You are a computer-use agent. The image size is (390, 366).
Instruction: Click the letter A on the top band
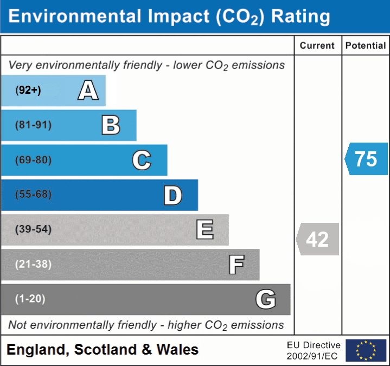click(88, 90)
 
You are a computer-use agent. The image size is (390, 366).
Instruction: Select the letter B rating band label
click(111, 125)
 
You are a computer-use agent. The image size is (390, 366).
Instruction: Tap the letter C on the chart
click(142, 160)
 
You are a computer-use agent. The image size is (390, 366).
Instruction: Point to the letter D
click(172, 195)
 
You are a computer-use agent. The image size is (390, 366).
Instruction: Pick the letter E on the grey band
click(204, 230)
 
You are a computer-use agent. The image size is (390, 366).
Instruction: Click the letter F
click(236, 265)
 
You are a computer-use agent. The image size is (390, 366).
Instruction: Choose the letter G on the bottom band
click(266, 299)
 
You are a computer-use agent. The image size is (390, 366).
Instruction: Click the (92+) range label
click(28, 90)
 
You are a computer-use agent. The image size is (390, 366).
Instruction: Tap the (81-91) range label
click(34, 125)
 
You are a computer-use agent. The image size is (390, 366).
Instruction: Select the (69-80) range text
click(34, 160)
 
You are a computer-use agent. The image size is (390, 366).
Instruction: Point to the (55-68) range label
click(34, 195)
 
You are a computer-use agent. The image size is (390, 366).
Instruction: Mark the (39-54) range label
click(34, 229)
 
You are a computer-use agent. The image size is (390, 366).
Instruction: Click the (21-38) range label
click(34, 265)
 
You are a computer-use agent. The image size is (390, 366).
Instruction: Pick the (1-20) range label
click(30, 299)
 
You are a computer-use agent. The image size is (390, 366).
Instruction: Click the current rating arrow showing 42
click(318, 239)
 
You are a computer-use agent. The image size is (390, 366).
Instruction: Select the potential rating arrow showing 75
click(366, 159)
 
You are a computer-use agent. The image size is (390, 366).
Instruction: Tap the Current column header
click(318, 46)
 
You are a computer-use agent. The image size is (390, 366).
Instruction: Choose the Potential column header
click(366, 46)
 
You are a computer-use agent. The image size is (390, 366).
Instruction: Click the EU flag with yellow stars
click(366, 350)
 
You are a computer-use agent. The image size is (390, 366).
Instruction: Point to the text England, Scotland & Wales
click(103, 350)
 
